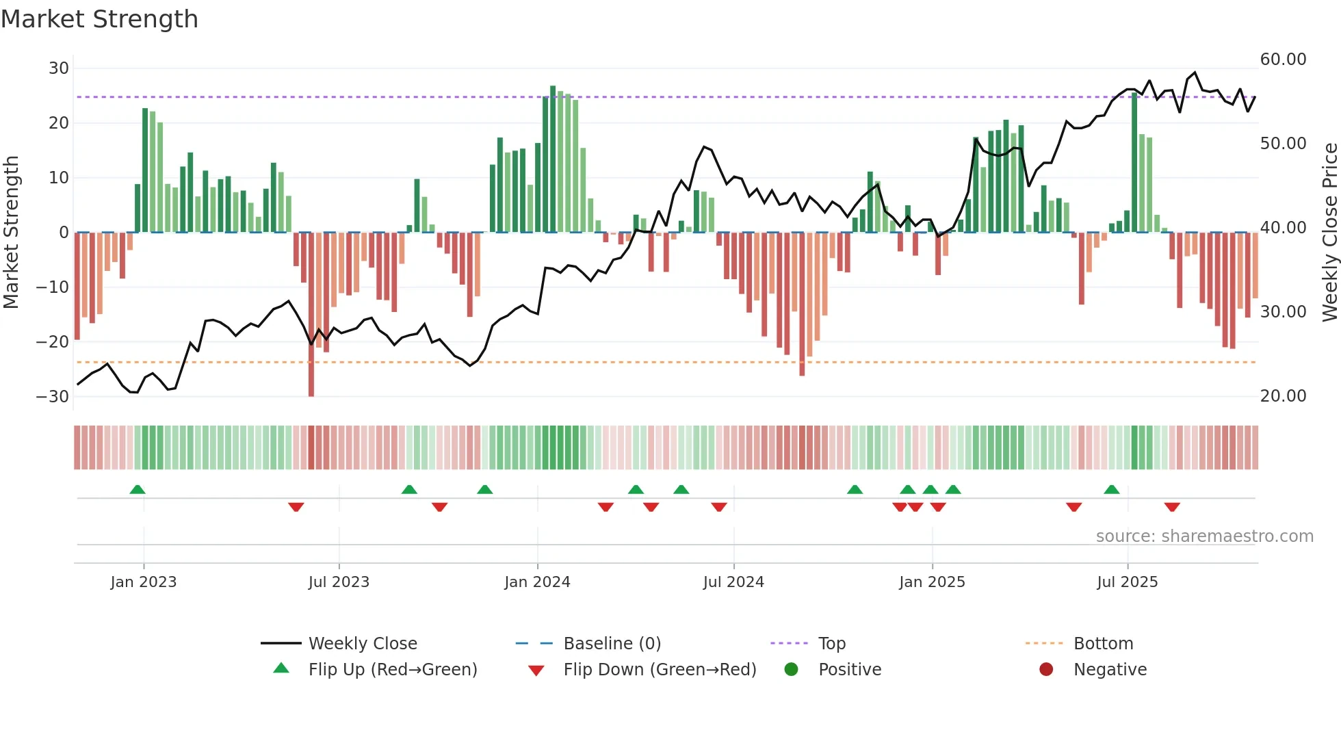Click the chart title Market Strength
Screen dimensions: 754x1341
[99, 19]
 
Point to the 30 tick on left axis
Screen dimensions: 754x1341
[59, 68]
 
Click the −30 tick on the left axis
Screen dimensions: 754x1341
[53, 396]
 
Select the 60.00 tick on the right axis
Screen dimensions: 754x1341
[1283, 60]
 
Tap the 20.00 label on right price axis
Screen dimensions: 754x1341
[1283, 396]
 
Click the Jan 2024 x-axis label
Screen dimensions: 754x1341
[537, 582]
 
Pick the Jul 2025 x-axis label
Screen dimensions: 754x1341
[1127, 582]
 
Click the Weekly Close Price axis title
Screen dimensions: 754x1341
[1329, 232]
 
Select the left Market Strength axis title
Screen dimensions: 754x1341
[12, 232]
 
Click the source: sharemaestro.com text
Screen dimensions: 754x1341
[1204, 536]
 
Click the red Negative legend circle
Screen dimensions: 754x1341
[1046, 670]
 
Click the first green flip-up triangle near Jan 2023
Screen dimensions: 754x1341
[138, 490]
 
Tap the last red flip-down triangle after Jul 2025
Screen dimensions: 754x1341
[1172, 507]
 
